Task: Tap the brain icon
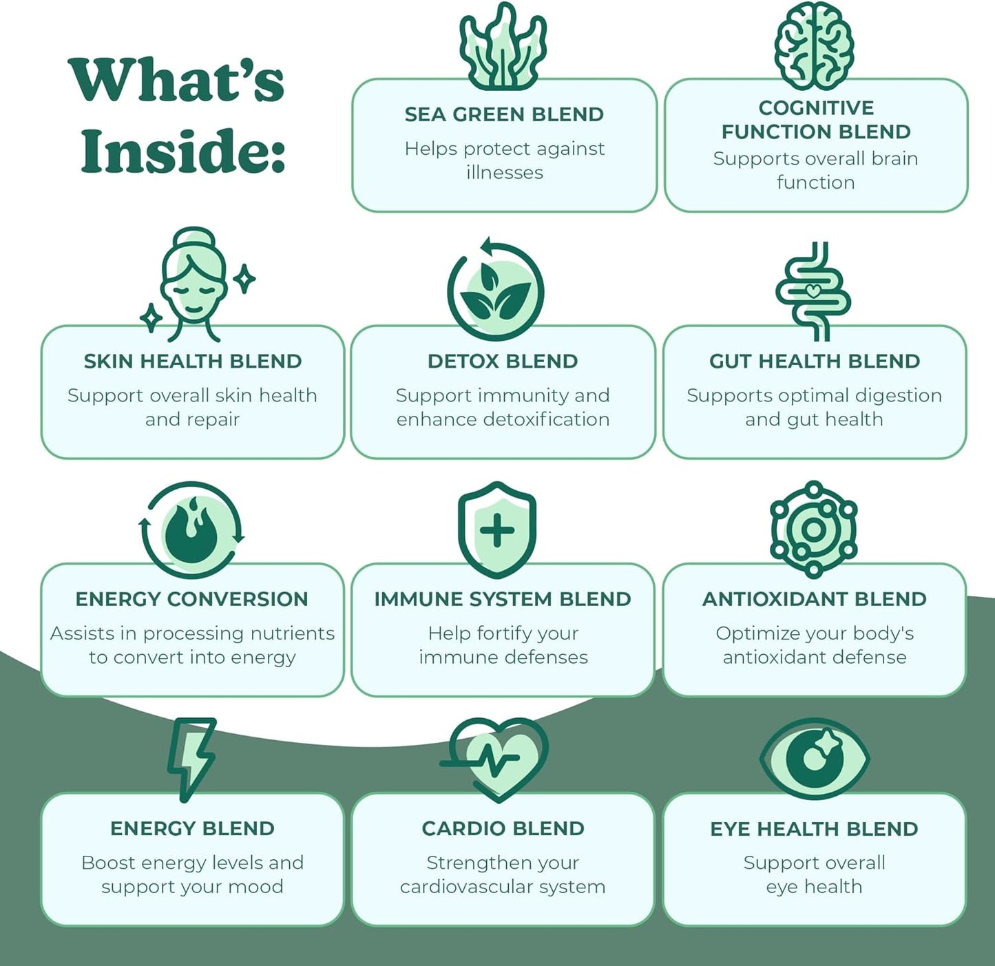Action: [x=814, y=45]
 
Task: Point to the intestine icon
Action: [x=813, y=292]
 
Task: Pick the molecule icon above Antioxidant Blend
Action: [x=813, y=529]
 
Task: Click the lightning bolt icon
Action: [x=191, y=757]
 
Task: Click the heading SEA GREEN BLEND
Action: [x=504, y=114]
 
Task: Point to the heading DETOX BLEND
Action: [x=503, y=361]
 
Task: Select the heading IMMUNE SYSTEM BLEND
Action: [x=503, y=599]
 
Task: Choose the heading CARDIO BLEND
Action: [x=503, y=828]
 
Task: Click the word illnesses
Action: [x=505, y=172]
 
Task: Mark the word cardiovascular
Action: [x=466, y=887]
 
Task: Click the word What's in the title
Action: [x=177, y=81]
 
